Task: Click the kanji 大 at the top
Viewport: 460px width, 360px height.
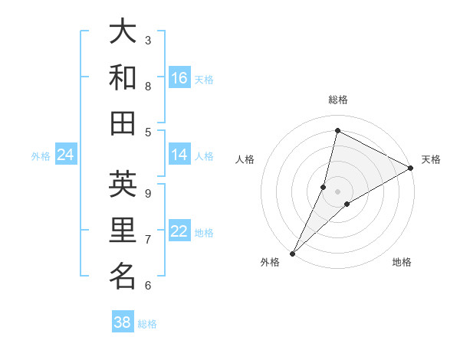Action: [x=123, y=32]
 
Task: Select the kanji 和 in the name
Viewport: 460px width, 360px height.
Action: [x=123, y=77]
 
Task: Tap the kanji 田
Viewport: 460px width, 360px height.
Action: [x=123, y=123]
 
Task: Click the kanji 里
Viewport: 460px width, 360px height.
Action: [x=123, y=231]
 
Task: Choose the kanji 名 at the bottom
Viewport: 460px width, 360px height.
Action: [x=123, y=276]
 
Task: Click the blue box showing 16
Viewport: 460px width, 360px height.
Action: [x=179, y=78]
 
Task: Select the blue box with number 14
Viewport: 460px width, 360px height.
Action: [x=179, y=155]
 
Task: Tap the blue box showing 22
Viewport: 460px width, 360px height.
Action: [x=179, y=232]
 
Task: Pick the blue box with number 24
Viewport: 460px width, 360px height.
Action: [x=66, y=155]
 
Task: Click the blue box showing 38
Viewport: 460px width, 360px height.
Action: [x=123, y=322]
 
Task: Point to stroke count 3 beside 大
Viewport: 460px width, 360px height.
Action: [x=148, y=40]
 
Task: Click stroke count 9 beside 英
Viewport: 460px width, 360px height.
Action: [x=148, y=193]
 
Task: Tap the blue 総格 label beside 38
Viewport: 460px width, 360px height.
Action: [x=147, y=324]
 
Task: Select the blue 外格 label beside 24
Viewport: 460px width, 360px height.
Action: [x=41, y=156]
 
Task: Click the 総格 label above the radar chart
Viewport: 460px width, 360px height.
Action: [x=337, y=100]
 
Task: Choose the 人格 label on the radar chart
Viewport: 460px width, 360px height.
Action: [x=245, y=159]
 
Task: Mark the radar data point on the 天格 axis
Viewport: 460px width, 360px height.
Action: [x=412, y=169]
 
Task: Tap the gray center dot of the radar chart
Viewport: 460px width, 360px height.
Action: [x=337, y=191]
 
